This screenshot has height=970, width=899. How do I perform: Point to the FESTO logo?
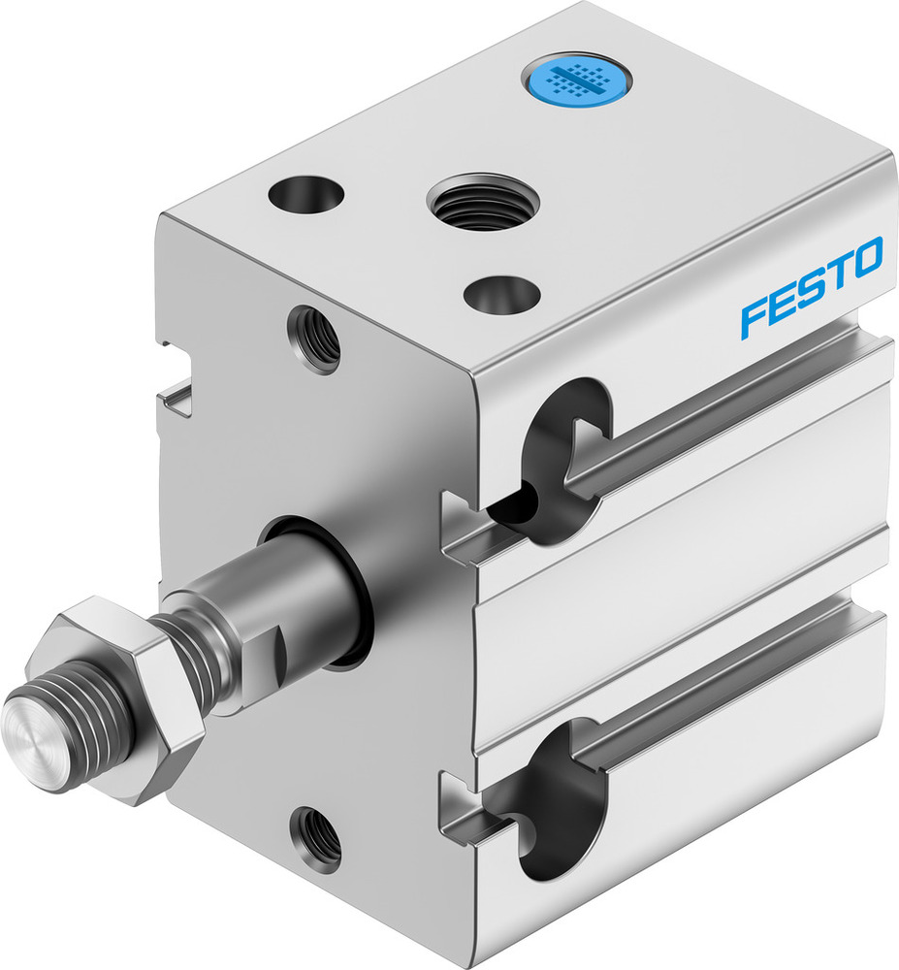(x=812, y=287)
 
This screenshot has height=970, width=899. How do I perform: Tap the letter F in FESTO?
(x=755, y=317)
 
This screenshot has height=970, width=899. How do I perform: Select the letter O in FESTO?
(x=866, y=257)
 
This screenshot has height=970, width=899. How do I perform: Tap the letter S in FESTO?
(x=812, y=287)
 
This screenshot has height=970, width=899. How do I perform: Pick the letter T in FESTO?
(x=837, y=273)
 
